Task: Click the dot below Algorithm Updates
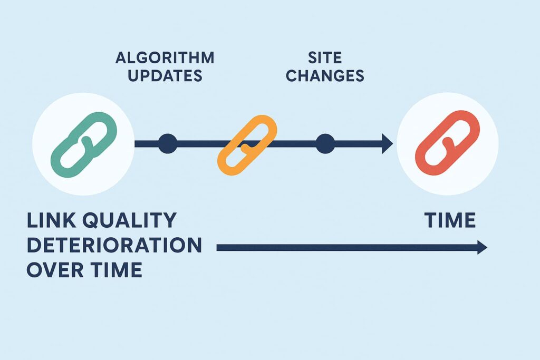point(168,143)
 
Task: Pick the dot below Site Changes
point(325,143)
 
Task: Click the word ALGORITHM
point(165,58)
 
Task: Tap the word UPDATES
point(165,76)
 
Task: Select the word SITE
point(325,58)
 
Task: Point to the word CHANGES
point(325,76)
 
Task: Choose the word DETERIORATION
point(114,245)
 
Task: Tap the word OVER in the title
point(55,269)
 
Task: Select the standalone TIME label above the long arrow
point(450,220)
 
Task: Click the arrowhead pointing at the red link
point(387,143)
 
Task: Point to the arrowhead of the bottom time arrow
point(482,247)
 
